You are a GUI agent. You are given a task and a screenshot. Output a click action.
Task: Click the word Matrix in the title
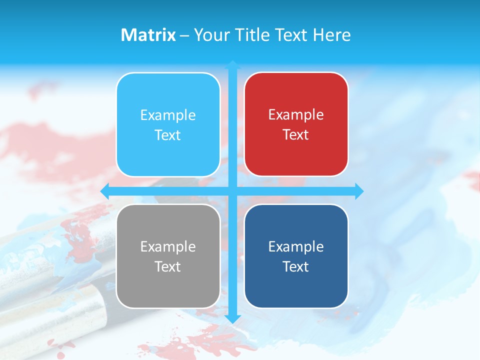(x=148, y=35)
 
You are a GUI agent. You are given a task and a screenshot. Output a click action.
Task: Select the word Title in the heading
(x=253, y=35)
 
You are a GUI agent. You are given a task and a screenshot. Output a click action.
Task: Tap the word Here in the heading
(x=331, y=35)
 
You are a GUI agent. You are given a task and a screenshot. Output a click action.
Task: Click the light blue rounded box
(x=168, y=124)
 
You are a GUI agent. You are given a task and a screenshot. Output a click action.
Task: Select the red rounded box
(x=296, y=124)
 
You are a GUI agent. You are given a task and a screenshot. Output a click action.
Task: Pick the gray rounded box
(x=168, y=256)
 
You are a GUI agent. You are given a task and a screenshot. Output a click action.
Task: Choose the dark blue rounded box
(x=296, y=256)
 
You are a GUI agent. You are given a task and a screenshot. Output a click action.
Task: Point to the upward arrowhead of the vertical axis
(x=232, y=64)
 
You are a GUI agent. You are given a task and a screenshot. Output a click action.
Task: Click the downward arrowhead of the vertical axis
(x=232, y=319)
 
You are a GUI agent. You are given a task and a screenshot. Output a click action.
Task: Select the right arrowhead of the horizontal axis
(x=359, y=191)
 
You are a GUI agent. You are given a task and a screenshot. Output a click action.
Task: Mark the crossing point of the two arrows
(x=232, y=191)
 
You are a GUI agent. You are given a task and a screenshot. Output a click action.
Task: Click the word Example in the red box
(x=296, y=115)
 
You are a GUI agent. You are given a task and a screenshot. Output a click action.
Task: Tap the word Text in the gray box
(x=168, y=266)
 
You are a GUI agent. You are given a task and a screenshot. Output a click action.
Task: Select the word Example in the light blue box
(x=168, y=115)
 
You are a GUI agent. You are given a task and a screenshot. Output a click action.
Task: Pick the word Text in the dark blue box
(x=296, y=266)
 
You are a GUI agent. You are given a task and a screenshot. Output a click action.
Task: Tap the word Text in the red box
(x=296, y=135)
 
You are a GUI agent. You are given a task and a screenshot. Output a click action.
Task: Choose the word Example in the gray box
(x=168, y=246)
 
